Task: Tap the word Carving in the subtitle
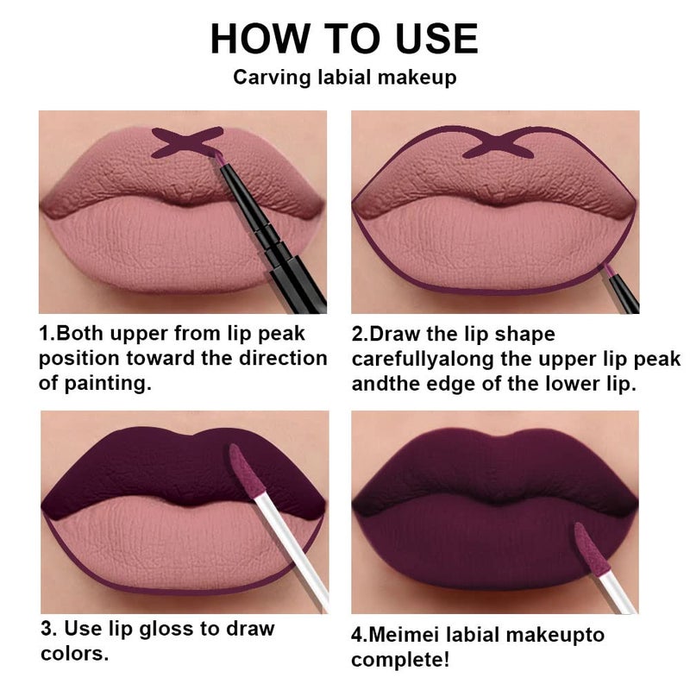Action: click(266, 78)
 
